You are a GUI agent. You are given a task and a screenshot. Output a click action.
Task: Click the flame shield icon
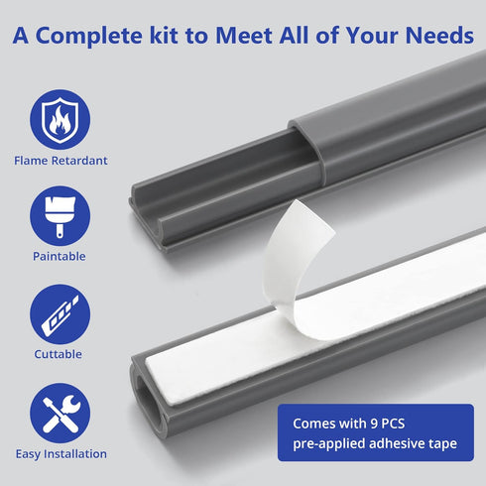60,119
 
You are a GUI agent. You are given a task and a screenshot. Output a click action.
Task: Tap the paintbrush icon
60,216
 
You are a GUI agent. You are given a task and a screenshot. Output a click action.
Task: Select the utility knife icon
60,314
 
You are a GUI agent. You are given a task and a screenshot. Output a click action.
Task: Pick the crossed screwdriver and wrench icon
60,414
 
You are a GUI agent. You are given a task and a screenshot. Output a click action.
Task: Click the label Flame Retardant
61,161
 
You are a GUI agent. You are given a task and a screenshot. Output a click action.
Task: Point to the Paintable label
60,257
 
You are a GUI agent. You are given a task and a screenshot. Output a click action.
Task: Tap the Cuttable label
59,354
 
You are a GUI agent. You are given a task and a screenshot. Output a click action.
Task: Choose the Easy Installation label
61,454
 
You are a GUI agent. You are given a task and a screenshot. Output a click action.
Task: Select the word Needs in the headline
439,35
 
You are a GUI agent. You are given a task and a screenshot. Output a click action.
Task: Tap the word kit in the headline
164,35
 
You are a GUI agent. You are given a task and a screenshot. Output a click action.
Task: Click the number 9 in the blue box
374,424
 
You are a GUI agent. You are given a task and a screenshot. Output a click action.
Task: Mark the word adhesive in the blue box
396,443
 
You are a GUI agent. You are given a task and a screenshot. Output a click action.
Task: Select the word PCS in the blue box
393,424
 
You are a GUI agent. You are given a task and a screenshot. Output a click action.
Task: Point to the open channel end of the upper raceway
147,215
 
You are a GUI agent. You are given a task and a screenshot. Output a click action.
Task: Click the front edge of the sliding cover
305,147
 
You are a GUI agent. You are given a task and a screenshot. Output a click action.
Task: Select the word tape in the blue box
442,443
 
